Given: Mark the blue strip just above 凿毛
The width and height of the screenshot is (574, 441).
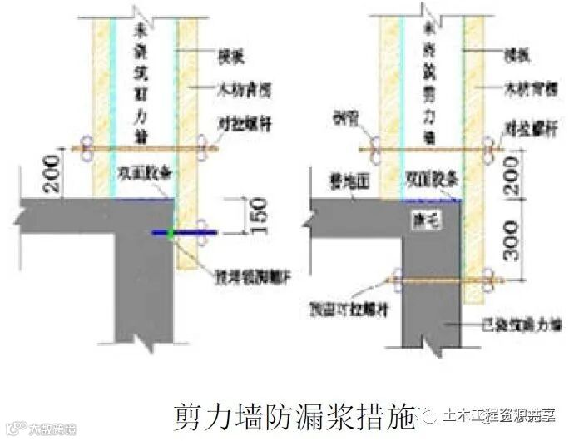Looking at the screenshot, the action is click(432, 200).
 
